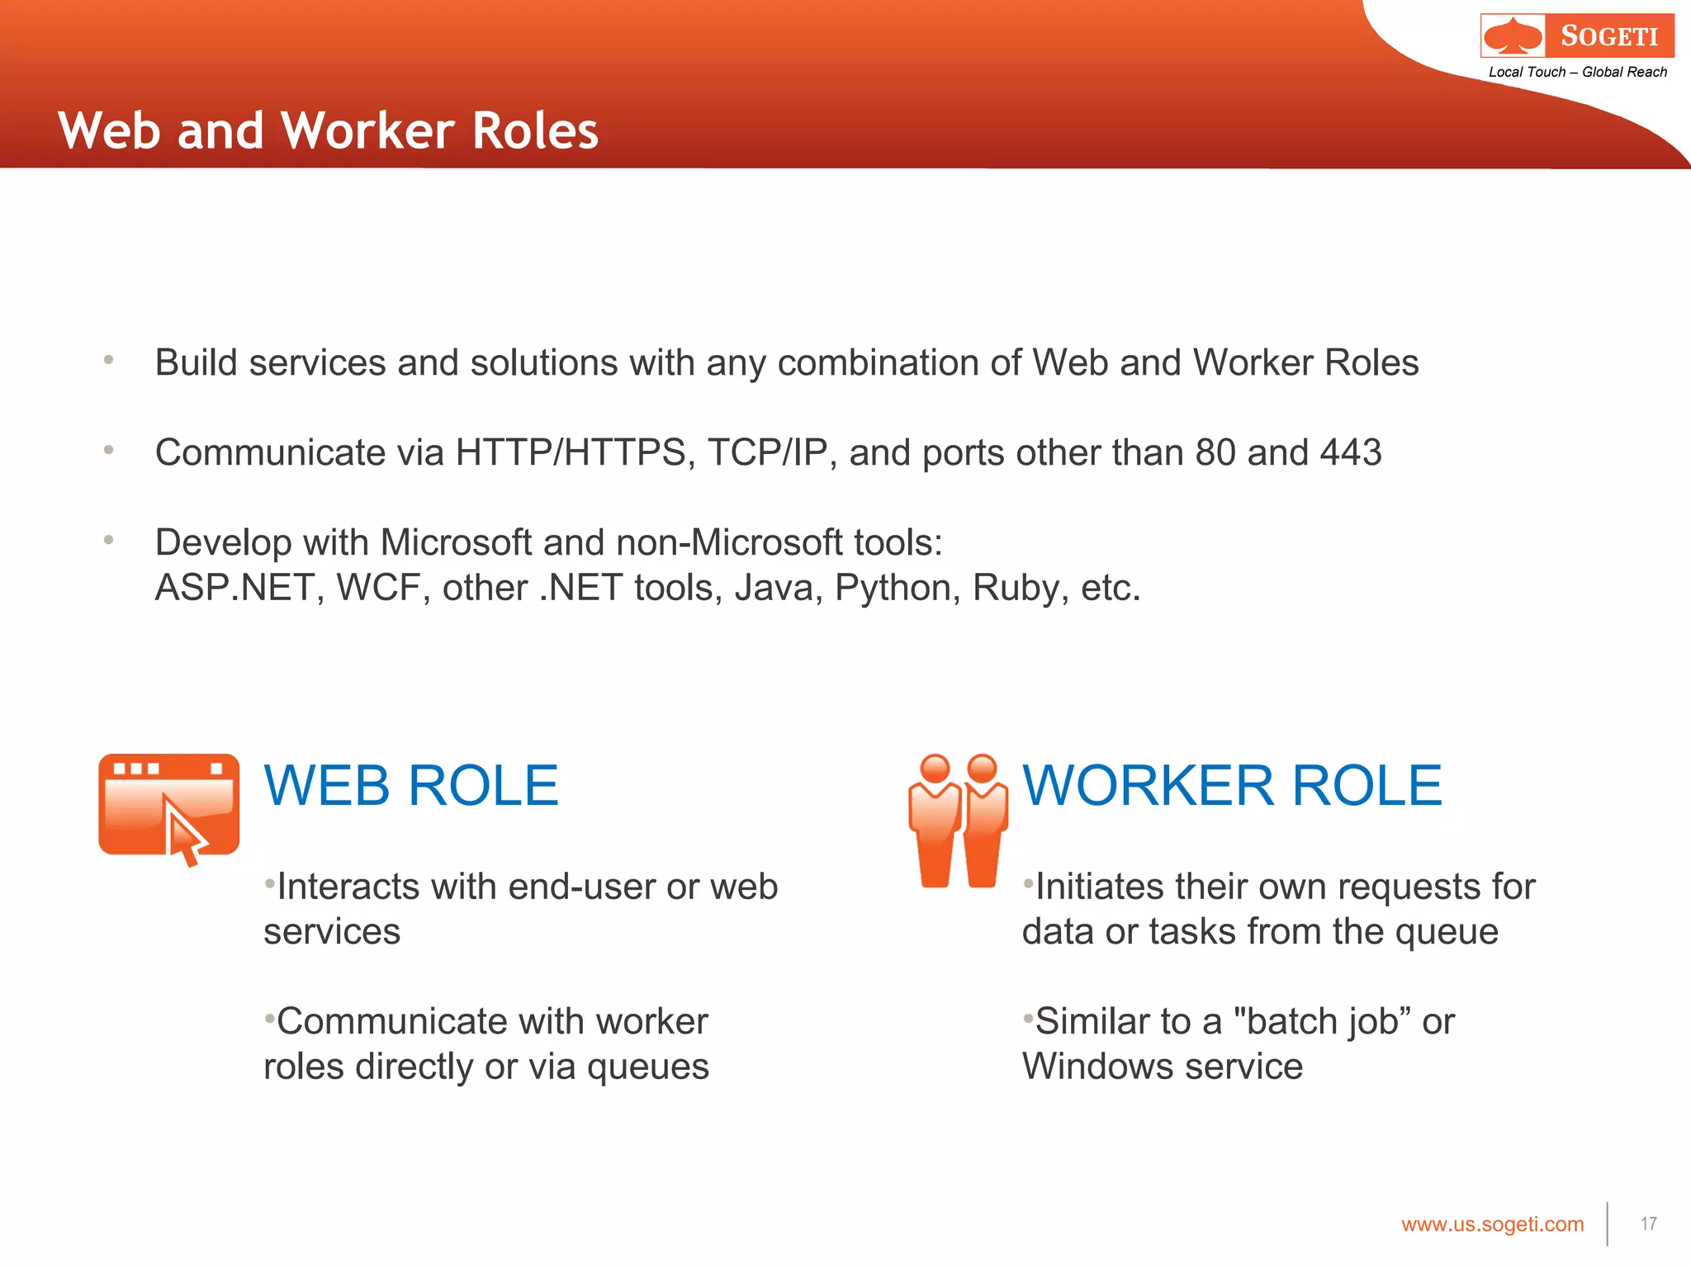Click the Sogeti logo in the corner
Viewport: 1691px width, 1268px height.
click(x=1577, y=35)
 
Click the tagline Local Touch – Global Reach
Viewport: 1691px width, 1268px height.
click(x=1577, y=73)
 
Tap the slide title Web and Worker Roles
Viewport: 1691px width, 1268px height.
click(x=328, y=130)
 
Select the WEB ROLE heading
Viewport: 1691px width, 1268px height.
click(x=411, y=785)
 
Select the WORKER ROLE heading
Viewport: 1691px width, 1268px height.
click(x=1232, y=785)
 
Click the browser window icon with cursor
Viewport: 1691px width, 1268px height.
click(x=169, y=808)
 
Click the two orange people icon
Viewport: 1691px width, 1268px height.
click(x=958, y=821)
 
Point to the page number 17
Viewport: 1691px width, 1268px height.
click(x=1648, y=1223)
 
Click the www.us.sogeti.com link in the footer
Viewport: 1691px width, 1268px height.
click(x=1492, y=1224)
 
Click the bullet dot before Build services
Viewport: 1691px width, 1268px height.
click(x=108, y=360)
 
